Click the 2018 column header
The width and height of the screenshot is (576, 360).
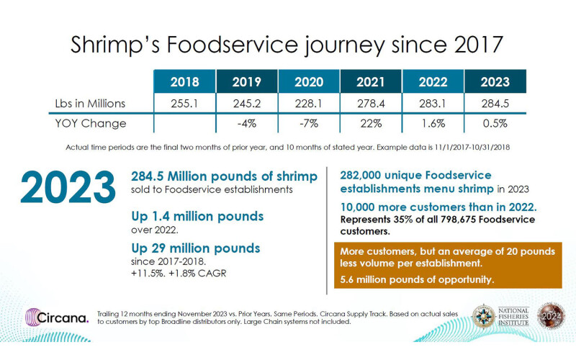(x=184, y=81)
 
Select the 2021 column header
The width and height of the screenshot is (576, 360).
(x=371, y=81)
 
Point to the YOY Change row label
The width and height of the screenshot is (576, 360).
(x=90, y=123)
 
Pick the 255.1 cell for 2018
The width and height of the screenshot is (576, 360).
(x=184, y=102)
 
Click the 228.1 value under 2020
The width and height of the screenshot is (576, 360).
(x=309, y=102)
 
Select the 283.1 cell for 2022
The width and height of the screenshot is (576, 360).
(x=433, y=102)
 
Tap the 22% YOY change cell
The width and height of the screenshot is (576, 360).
(x=371, y=123)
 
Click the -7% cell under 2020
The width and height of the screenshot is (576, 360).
(x=309, y=123)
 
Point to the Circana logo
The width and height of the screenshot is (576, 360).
(x=58, y=318)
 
